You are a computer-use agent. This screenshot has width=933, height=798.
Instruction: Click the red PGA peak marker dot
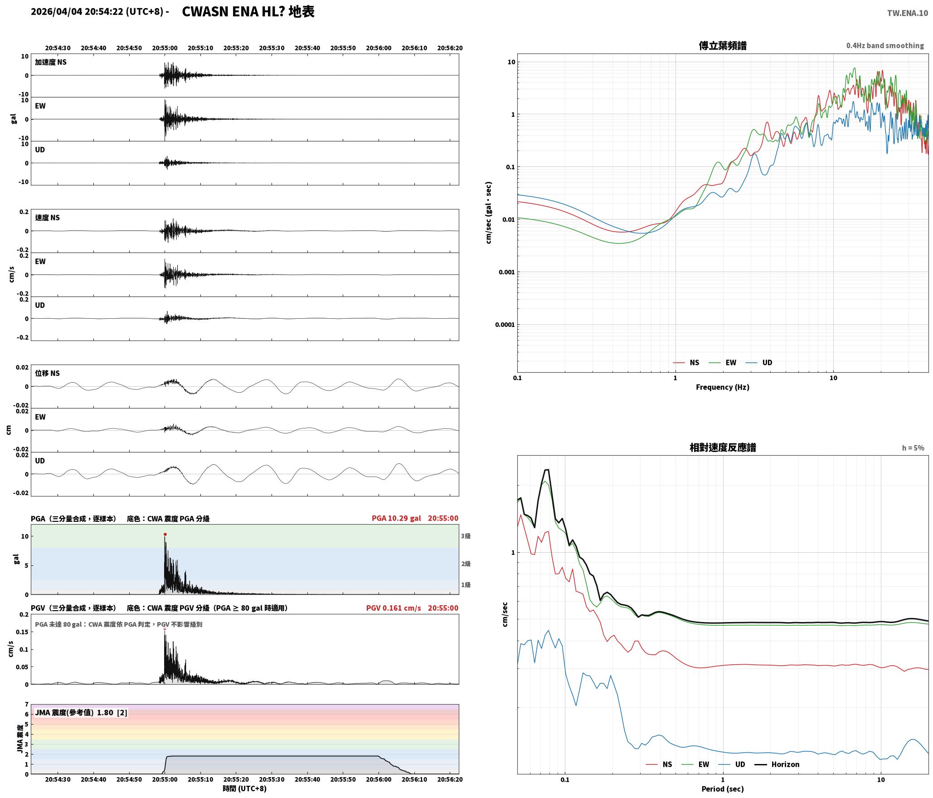165,534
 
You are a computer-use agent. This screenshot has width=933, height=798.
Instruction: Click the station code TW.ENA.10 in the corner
908,13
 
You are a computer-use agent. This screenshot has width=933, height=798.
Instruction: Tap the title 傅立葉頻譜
723,46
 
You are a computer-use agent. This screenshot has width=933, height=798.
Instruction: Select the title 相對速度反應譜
723,448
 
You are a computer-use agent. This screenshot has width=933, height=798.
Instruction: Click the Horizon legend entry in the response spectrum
777,764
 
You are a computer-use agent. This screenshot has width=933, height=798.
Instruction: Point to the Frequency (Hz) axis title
723,387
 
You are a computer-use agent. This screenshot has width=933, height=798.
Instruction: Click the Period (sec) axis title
723,788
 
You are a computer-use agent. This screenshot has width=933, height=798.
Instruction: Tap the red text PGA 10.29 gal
396,518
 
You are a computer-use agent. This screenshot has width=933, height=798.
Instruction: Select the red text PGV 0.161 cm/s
394,608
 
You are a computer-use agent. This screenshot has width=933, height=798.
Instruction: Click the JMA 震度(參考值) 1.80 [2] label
81,712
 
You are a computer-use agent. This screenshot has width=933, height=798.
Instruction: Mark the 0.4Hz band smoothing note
885,45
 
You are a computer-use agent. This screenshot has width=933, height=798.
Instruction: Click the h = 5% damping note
913,448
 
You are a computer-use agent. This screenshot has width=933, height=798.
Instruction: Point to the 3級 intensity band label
466,536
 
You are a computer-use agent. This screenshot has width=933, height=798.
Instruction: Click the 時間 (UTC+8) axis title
244,788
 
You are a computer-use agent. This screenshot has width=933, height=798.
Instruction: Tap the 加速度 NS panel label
51,62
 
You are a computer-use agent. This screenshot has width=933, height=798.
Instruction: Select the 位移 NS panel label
48,373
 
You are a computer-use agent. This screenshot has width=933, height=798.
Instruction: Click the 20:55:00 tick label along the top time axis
165,48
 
